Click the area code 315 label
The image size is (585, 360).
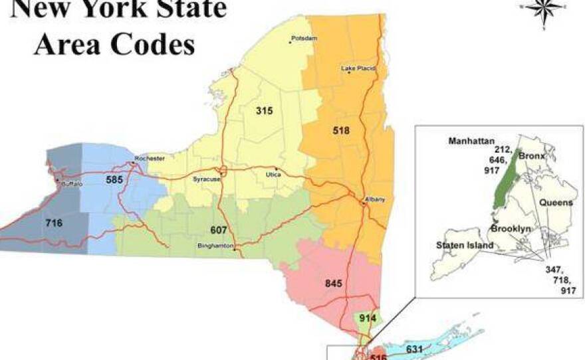(265, 111)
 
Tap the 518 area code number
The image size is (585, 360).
(341, 131)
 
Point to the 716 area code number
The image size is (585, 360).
(54, 223)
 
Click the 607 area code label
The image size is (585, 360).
(219, 230)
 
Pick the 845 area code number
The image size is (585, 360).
(334, 284)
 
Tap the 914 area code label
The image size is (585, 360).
(368, 318)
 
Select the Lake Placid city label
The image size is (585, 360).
(358, 68)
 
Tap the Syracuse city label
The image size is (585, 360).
(205, 179)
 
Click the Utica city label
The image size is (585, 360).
(273, 174)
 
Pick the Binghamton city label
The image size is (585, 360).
(217, 245)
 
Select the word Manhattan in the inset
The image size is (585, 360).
(470, 141)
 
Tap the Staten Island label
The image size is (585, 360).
(465, 245)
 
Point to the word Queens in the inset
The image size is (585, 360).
(556, 203)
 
